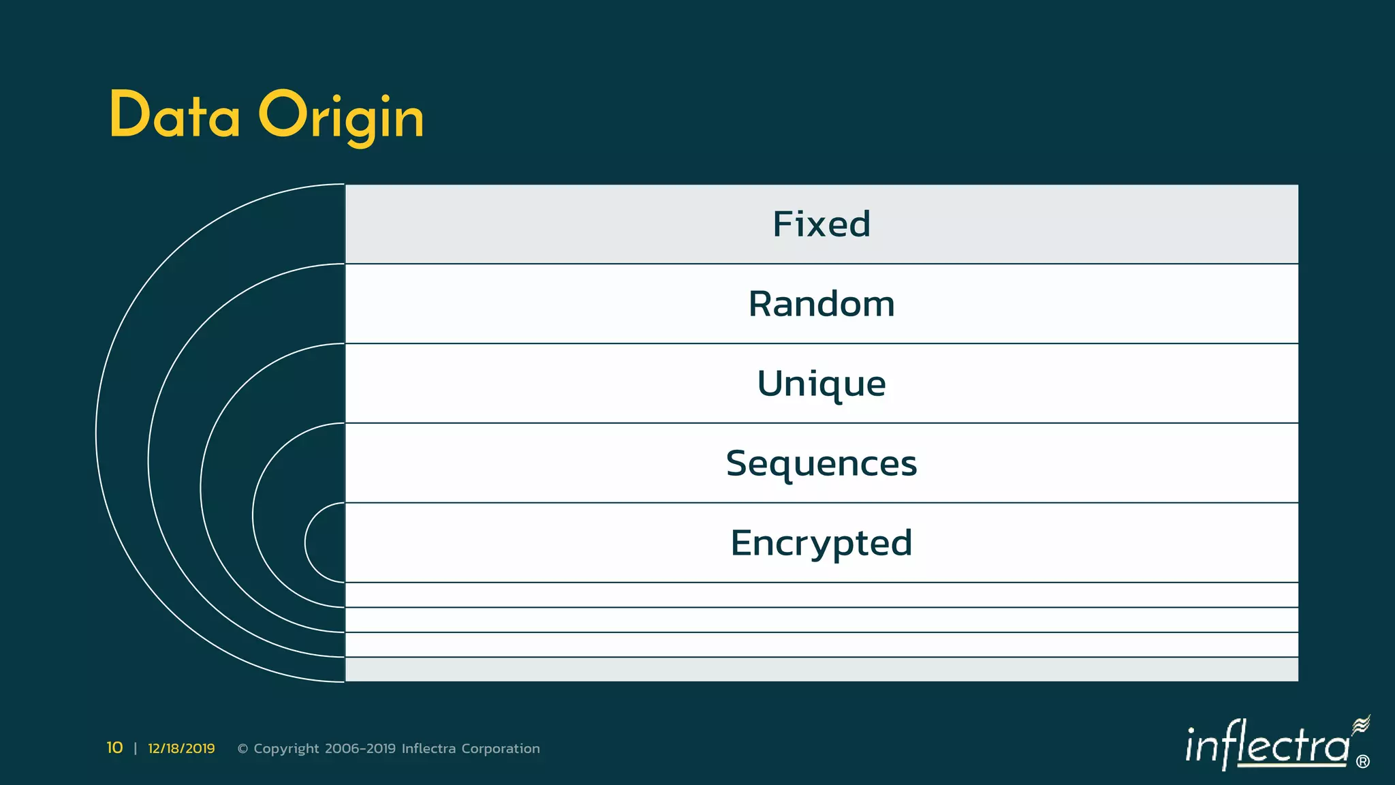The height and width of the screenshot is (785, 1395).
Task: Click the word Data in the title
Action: (174, 115)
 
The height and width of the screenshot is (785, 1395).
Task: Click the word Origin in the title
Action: (341, 117)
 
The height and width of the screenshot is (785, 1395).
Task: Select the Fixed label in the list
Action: (821, 224)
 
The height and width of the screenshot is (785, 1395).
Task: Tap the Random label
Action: (821, 304)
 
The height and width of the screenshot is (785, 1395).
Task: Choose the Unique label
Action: (821, 384)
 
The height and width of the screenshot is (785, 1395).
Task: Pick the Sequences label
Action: (821, 463)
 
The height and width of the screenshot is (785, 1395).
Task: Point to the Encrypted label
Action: (821, 543)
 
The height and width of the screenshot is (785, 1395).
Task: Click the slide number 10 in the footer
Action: (114, 748)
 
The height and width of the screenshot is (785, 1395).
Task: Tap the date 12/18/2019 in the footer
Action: (181, 749)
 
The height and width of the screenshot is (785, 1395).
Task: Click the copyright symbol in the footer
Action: (242, 749)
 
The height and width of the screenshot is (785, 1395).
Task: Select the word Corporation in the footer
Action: (501, 749)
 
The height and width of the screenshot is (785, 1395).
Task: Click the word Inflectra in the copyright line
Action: (428, 749)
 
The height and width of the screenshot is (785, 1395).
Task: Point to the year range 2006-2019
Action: (360, 749)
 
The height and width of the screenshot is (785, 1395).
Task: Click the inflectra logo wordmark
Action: (1267, 745)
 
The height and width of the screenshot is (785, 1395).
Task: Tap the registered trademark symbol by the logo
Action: (1363, 762)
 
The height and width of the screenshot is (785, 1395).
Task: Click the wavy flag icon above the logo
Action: (1361, 725)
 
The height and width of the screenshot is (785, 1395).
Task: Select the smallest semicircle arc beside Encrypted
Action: (306, 543)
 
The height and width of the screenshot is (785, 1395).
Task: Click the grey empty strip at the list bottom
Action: (821, 669)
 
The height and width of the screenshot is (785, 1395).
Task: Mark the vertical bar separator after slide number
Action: (136, 749)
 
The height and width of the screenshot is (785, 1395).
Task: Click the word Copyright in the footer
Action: (286, 749)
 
